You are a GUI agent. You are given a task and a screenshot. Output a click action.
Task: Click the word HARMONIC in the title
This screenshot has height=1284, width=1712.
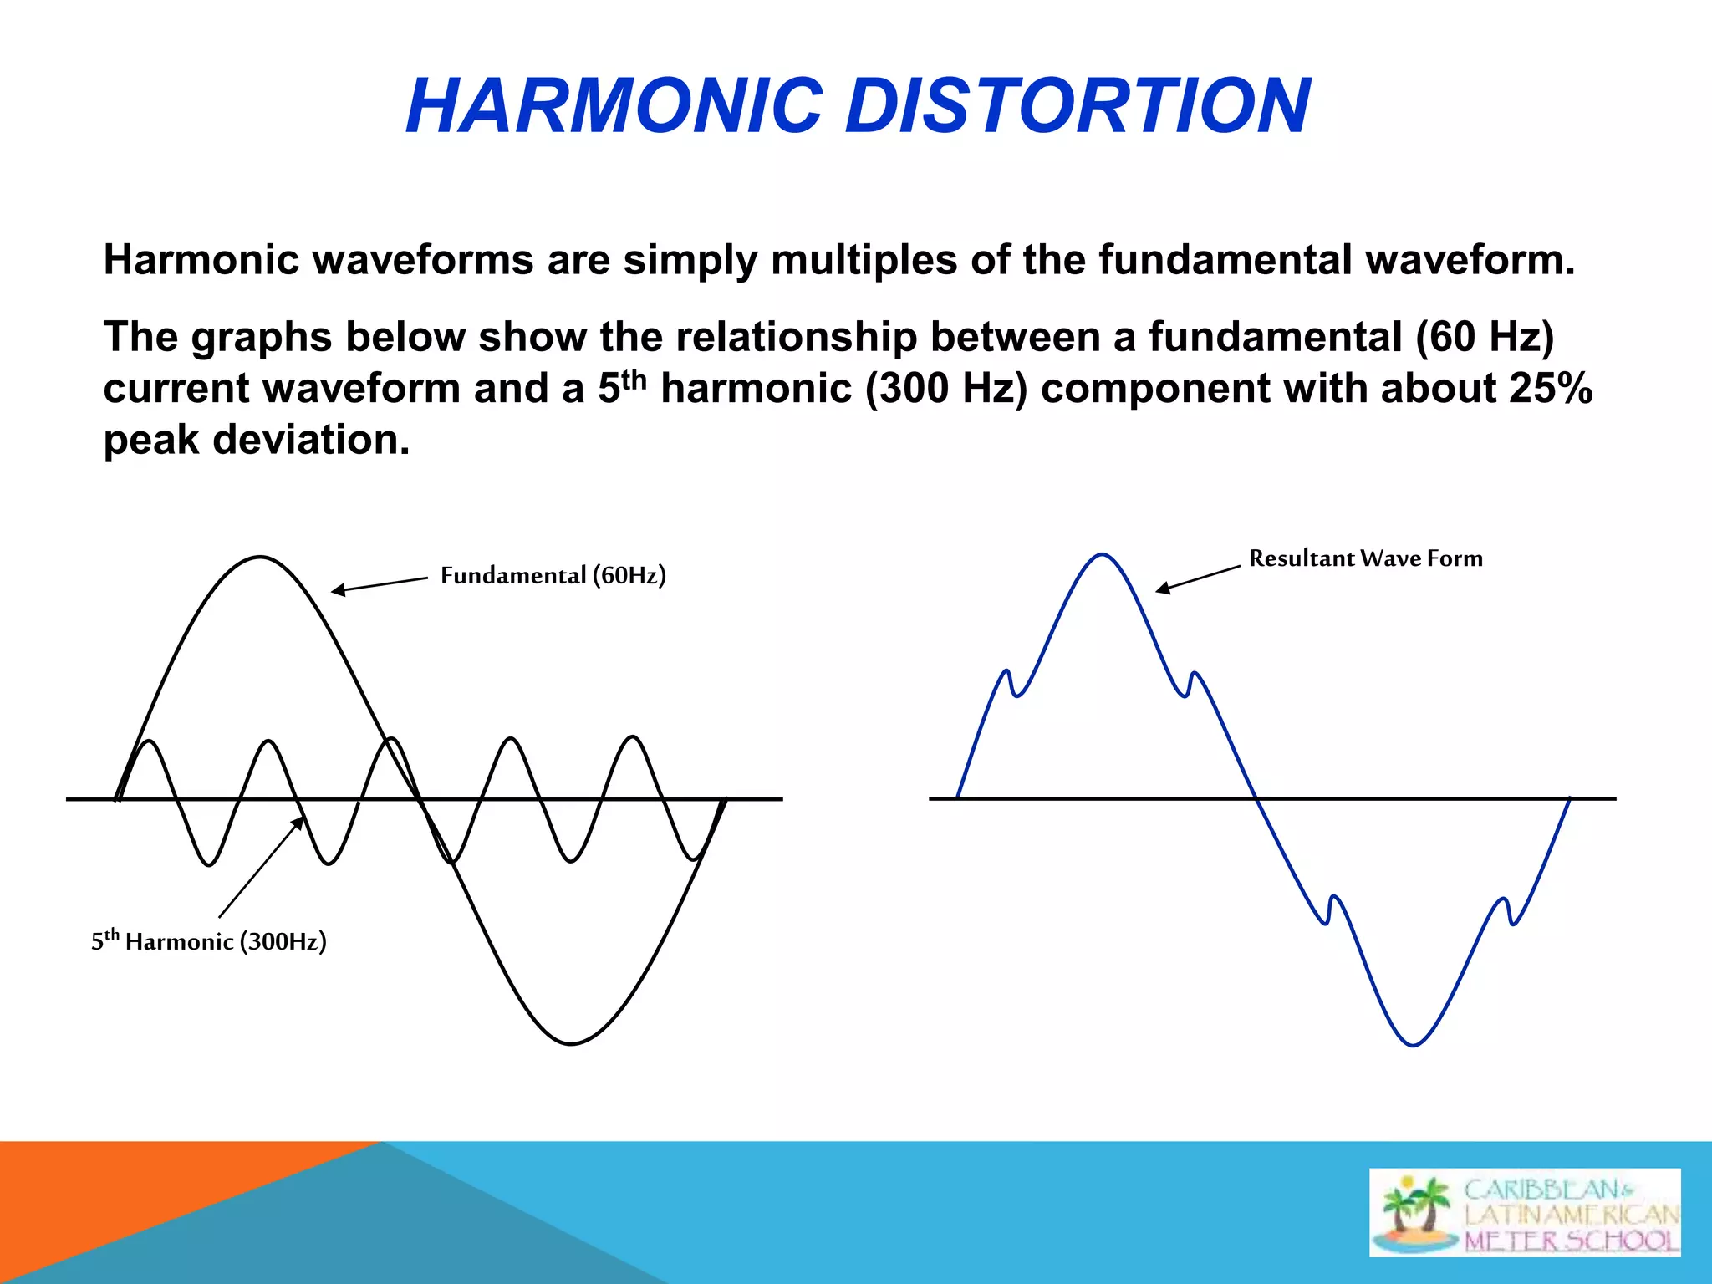click(614, 106)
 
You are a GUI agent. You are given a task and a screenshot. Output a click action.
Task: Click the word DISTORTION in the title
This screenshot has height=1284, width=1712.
click(1078, 106)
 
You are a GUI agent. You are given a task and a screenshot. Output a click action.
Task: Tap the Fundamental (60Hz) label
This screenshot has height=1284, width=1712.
click(553, 576)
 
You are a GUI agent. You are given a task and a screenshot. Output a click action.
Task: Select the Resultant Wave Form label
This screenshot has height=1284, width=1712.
click(1365, 558)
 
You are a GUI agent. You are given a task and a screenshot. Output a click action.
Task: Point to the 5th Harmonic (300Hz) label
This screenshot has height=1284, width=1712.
click(208, 941)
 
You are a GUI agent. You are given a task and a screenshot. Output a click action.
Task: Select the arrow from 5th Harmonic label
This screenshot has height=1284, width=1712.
click(260, 869)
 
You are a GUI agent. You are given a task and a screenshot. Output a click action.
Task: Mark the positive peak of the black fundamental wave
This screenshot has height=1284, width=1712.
click(261, 557)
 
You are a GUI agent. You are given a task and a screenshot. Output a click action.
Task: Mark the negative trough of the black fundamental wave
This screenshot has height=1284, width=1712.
click(571, 1043)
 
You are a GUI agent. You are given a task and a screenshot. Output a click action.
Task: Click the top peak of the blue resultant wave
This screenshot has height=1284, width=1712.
click(1103, 554)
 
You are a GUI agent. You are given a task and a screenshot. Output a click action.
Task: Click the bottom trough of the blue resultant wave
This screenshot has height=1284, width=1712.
click(1413, 1045)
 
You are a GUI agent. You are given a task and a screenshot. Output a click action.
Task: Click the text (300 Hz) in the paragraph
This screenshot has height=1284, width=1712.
click(946, 389)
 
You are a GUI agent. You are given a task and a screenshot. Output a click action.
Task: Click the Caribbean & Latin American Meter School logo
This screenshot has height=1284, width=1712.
click(1525, 1212)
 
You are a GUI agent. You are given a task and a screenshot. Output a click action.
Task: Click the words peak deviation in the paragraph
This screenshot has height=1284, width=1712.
click(257, 441)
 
